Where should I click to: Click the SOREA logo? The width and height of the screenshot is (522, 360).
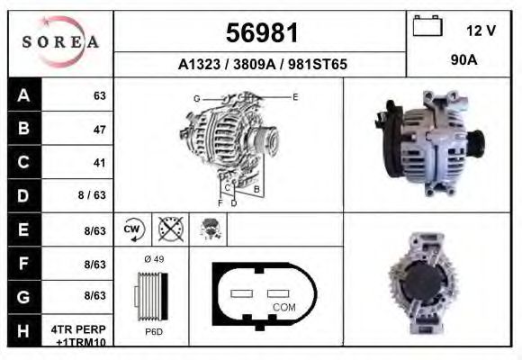[x=60, y=42]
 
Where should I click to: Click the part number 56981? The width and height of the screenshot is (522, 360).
[x=261, y=33]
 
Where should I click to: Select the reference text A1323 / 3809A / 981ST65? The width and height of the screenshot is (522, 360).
[x=263, y=65]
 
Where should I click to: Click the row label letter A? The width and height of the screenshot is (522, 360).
[x=23, y=95]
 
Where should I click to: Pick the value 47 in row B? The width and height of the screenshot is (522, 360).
[x=99, y=130]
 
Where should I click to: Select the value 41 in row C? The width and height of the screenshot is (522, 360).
[x=99, y=163]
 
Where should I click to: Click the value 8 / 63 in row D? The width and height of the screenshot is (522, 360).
[x=93, y=196]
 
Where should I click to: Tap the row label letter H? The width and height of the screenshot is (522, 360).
[x=23, y=331]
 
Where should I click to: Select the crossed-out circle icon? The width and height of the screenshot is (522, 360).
[x=169, y=229]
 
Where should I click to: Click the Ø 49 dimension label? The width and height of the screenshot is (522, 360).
[x=153, y=260]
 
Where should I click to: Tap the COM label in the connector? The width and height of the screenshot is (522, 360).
[x=283, y=308]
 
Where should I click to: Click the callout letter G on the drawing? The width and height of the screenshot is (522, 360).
[x=196, y=97]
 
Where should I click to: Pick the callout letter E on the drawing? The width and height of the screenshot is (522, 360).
[x=295, y=95]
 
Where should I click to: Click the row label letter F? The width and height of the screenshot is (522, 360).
[x=23, y=264]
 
